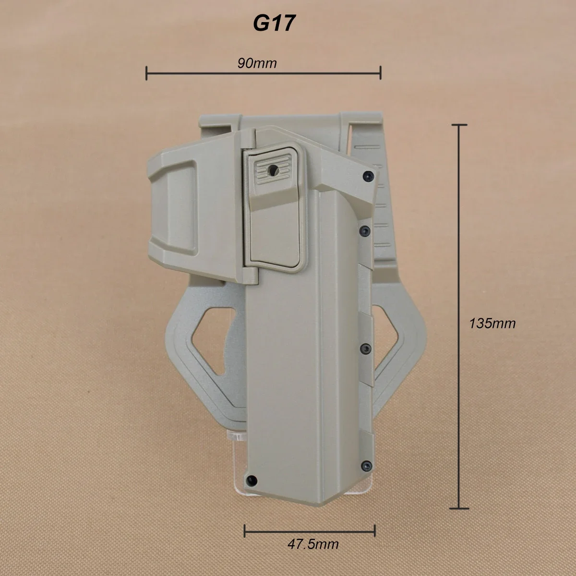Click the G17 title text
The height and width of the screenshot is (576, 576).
(x=274, y=24)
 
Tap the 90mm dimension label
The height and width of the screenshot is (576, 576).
(x=257, y=63)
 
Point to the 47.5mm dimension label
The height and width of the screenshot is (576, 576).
(x=313, y=544)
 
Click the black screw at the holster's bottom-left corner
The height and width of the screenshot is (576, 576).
(x=252, y=480)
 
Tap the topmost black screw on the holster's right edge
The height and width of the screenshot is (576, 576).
(x=368, y=176)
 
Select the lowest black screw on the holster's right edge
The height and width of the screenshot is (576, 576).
(x=367, y=465)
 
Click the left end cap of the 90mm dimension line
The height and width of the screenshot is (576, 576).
(x=146, y=73)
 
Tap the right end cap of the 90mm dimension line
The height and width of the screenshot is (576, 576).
(x=381, y=73)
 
